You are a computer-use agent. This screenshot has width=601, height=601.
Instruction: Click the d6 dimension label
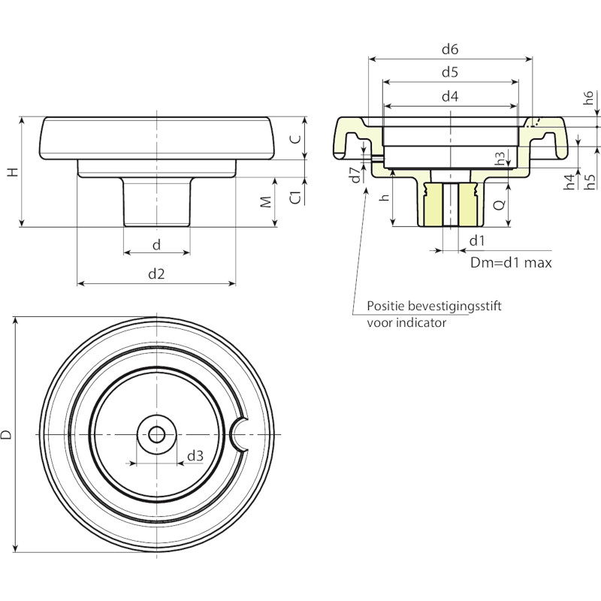tap(450, 49)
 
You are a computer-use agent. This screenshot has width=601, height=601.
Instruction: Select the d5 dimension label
tap(450, 72)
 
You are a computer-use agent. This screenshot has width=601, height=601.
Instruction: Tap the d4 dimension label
tap(450, 96)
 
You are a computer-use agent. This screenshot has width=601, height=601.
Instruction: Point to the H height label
tap(13, 172)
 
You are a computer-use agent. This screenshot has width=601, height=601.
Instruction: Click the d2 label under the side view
tap(156, 273)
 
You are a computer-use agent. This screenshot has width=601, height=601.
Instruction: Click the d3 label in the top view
tap(195, 456)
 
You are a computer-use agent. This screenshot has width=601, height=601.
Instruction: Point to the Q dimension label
tap(499, 205)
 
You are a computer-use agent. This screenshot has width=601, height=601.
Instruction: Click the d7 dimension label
tap(356, 174)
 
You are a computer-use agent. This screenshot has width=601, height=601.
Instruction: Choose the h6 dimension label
tap(588, 98)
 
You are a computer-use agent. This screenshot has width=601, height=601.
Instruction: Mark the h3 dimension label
tap(500, 159)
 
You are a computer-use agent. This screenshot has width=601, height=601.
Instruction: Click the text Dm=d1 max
tap(511, 262)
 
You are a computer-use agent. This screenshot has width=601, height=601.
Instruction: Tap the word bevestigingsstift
tap(455, 307)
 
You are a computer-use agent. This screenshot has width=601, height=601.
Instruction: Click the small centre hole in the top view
tap(157, 435)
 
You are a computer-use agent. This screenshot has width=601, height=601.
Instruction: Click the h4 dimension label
tap(570, 182)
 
